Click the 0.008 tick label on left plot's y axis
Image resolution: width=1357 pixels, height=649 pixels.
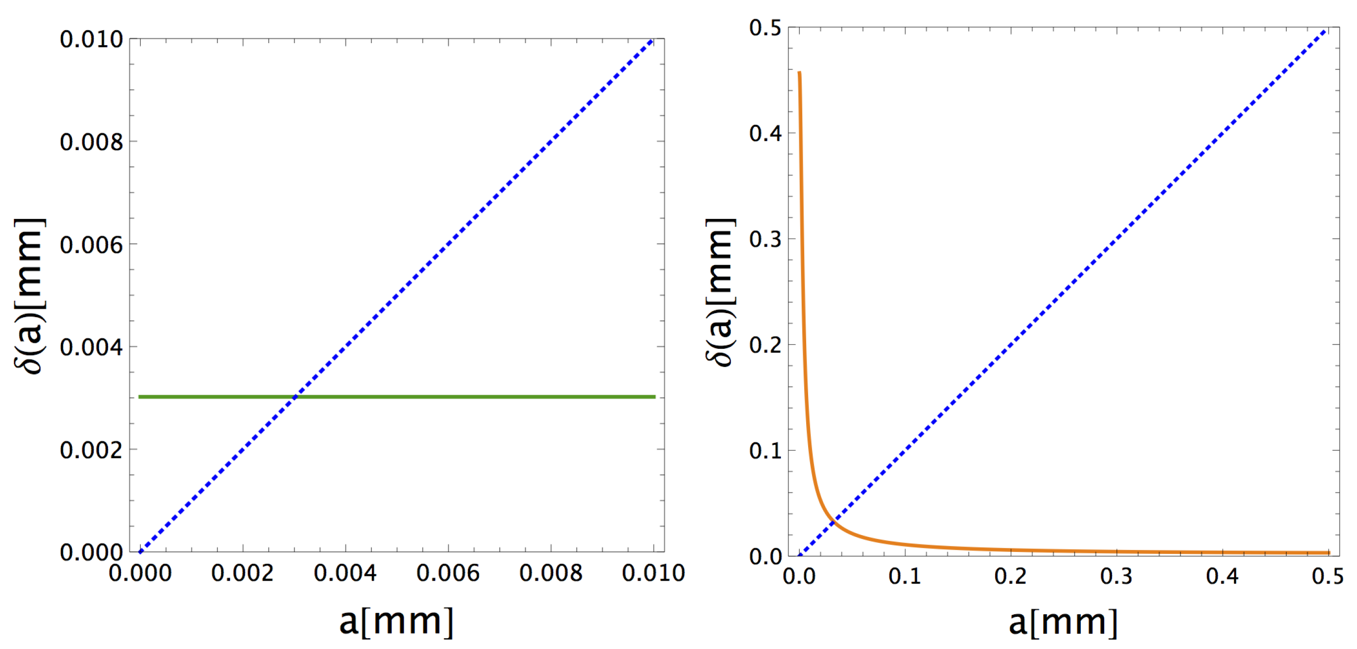click(x=91, y=142)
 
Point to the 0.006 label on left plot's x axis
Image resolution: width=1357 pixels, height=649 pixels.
click(x=448, y=573)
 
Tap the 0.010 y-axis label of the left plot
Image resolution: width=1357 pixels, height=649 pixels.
click(x=91, y=40)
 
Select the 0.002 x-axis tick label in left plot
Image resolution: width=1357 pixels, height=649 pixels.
click(x=242, y=573)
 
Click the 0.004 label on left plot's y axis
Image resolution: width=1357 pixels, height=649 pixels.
click(x=91, y=347)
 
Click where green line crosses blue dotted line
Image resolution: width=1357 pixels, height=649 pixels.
click(x=295, y=396)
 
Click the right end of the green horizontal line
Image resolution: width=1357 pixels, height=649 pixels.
click(x=655, y=396)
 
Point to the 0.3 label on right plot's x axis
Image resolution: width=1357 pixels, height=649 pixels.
click(x=1116, y=576)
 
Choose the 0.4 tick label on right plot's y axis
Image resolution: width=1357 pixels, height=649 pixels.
click(x=766, y=133)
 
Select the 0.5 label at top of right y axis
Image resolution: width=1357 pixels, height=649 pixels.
click(x=766, y=28)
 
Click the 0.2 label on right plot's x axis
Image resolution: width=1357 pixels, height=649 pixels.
click(x=1010, y=576)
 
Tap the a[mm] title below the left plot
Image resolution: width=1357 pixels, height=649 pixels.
click(x=396, y=622)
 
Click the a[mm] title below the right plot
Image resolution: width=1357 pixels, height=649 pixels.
click(x=1063, y=622)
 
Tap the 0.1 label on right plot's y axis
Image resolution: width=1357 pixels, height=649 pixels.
click(x=766, y=450)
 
